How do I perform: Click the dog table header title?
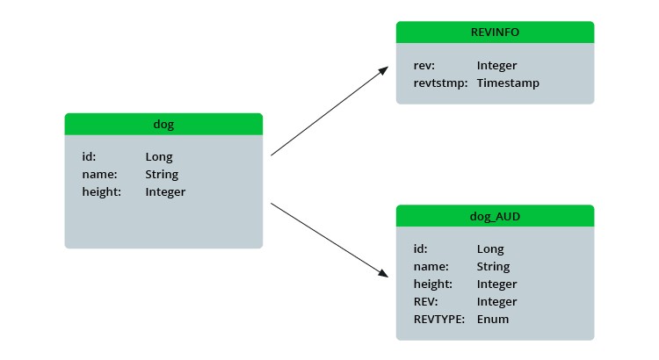pyautogui.click(x=163, y=125)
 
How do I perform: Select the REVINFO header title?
pyautogui.click(x=495, y=32)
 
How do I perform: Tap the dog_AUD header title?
pyautogui.click(x=495, y=216)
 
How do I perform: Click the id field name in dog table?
pyautogui.click(x=89, y=157)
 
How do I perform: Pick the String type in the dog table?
pyautogui.click(x=162, y=175)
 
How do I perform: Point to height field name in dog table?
pyautogui.click(x=102, y=191)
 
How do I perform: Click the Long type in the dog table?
pyautogui.click(x=159, y=157)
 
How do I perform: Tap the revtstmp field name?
pyautogui.click(x=438, y=83)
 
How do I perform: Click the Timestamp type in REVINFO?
pyautogui.click(x=508, y=83)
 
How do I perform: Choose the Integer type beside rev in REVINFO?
pyautogui.click(x=496, y=66)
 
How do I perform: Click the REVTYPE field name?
pyautogui.click(x=438, y=319)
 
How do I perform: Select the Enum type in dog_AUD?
pyautogui.click(x=492, y=319)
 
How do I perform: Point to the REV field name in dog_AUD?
pyautogui.click(x=425, y=302)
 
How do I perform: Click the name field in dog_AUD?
pyautogui.click(x=431, y=267)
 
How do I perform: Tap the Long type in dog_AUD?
pyautogui.click(x=490, y=249)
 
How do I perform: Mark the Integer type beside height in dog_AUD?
pyautogui.click(x=496, y=284)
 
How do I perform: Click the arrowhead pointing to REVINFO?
pyautogui.click(x=383, y=69)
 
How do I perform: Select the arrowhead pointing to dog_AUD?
pyautogui.click(x=382, y=274)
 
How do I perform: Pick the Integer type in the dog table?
pyautogui.click(x=165, y=191)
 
